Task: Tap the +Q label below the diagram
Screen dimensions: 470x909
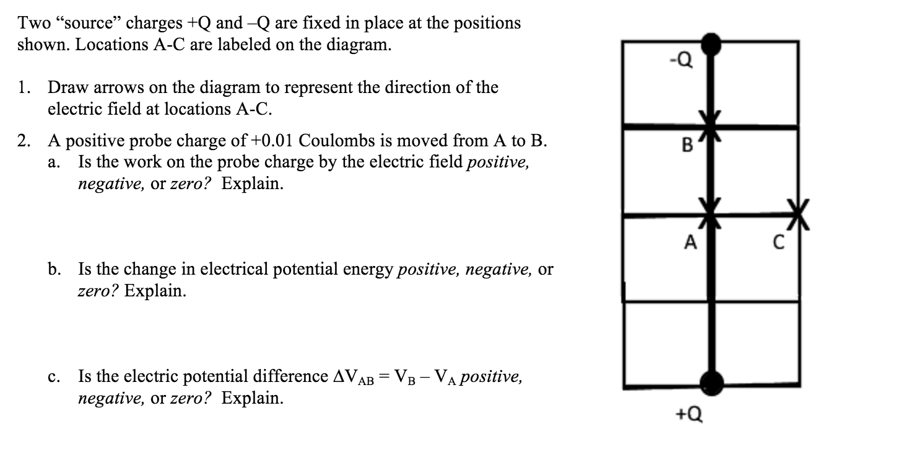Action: point(690,414)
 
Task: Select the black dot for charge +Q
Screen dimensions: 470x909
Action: point(711,383)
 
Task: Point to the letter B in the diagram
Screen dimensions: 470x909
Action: point(687,146)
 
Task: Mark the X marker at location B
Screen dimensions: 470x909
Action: point(711,124)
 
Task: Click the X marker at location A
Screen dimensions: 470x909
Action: point(711,214)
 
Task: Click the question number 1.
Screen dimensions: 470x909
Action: point(24,88)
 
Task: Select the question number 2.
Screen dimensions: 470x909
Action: point(24,141)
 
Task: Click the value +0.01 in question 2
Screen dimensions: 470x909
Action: point(273,141)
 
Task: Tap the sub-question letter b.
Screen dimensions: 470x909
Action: point(54,269)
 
